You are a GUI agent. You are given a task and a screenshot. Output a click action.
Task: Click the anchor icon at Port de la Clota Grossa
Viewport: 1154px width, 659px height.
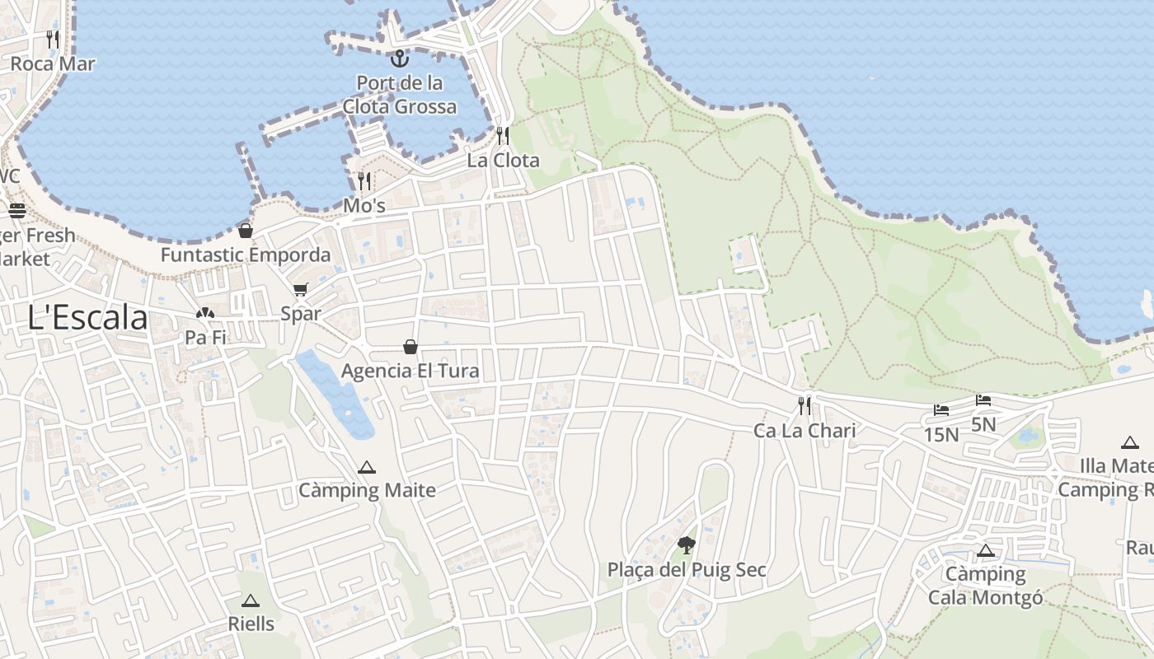pos(399,58)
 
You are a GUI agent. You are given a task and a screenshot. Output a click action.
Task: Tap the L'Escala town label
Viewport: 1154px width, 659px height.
pos(87,318)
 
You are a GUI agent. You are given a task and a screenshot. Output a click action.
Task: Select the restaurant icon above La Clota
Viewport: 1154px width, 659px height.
pos(503,135)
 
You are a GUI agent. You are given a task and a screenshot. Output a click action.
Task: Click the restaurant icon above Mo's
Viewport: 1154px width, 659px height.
pos(364,180)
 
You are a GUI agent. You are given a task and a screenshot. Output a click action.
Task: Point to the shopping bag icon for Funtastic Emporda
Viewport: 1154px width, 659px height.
pos(245,230)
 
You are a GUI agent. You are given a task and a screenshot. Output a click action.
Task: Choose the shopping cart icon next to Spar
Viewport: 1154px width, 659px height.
pos(300,289)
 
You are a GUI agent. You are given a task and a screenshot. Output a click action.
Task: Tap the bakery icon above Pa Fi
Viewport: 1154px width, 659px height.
pos(205,313)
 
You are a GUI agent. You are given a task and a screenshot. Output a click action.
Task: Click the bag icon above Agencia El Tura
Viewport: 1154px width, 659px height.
pos(410,347)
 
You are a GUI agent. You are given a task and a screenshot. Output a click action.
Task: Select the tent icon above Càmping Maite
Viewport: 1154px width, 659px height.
pos(367,467)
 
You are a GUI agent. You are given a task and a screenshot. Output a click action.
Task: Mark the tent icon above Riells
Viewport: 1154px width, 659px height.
pos(251,601)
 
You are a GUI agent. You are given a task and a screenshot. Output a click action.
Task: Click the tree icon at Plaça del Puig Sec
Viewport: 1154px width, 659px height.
pos(686,544)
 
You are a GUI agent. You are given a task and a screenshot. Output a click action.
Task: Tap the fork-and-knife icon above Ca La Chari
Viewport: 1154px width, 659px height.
pos(805,405)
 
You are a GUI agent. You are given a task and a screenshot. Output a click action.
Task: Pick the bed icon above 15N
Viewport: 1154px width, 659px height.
pos(941,409)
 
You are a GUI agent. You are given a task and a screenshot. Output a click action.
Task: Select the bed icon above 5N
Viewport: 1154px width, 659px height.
pos(983,400)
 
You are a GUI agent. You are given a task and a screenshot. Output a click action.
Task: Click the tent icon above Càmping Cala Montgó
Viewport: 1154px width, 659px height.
pos(985,550)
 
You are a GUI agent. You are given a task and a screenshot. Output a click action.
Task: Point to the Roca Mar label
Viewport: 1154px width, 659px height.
pos(53,63)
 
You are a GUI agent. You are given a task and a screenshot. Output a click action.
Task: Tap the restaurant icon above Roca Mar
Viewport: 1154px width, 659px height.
pos(53,39)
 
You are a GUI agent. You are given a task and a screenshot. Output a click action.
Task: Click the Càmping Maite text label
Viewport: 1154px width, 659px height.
pos(367,491)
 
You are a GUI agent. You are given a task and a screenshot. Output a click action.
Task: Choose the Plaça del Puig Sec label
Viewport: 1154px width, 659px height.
pos(687,569)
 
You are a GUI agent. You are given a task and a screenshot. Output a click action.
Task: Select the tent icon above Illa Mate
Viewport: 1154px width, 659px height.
pos(1129,442)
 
